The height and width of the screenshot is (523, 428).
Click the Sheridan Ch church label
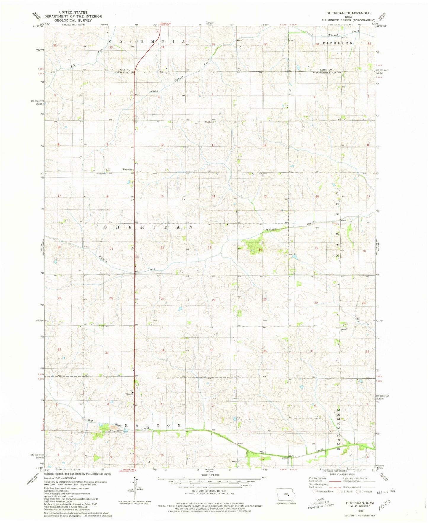tap(100, 174)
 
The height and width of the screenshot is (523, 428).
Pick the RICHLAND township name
tap(339, 43)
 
